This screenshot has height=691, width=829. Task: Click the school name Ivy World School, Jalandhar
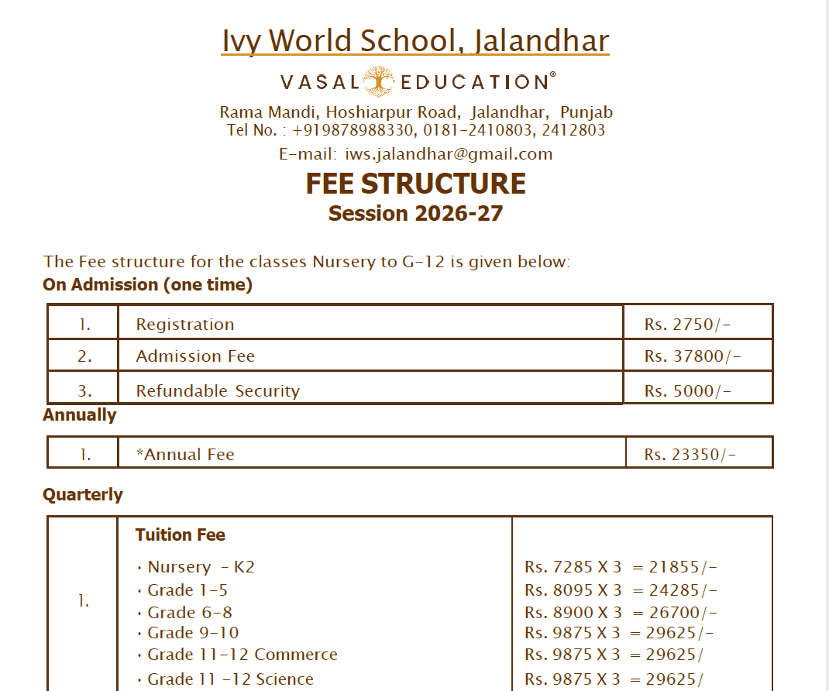(415, 41)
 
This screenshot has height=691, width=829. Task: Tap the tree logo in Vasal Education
(380, 81)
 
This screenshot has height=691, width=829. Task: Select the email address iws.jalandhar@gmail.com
(449, 154)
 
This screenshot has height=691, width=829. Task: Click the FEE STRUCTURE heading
(415, 184)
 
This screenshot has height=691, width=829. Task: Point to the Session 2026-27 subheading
(415, 213)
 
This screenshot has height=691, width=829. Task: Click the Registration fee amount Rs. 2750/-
(687, 325)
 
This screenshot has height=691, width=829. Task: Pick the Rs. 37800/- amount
(693, 356)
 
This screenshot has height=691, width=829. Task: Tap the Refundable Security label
(218, 391)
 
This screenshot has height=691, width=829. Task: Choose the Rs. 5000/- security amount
(687, 391)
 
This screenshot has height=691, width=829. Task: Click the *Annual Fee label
(185, 455)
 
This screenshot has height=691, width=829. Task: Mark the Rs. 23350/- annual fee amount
(690, 455)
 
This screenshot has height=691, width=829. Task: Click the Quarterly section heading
(83, 494)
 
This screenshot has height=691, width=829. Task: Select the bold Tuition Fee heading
(181, 535)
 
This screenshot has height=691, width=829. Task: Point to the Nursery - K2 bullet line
(201, 567)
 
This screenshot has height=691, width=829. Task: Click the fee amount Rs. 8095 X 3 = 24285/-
(621, 590)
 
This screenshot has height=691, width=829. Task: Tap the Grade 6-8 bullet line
(190, 613)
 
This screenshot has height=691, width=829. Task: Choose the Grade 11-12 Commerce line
(243, 655)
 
